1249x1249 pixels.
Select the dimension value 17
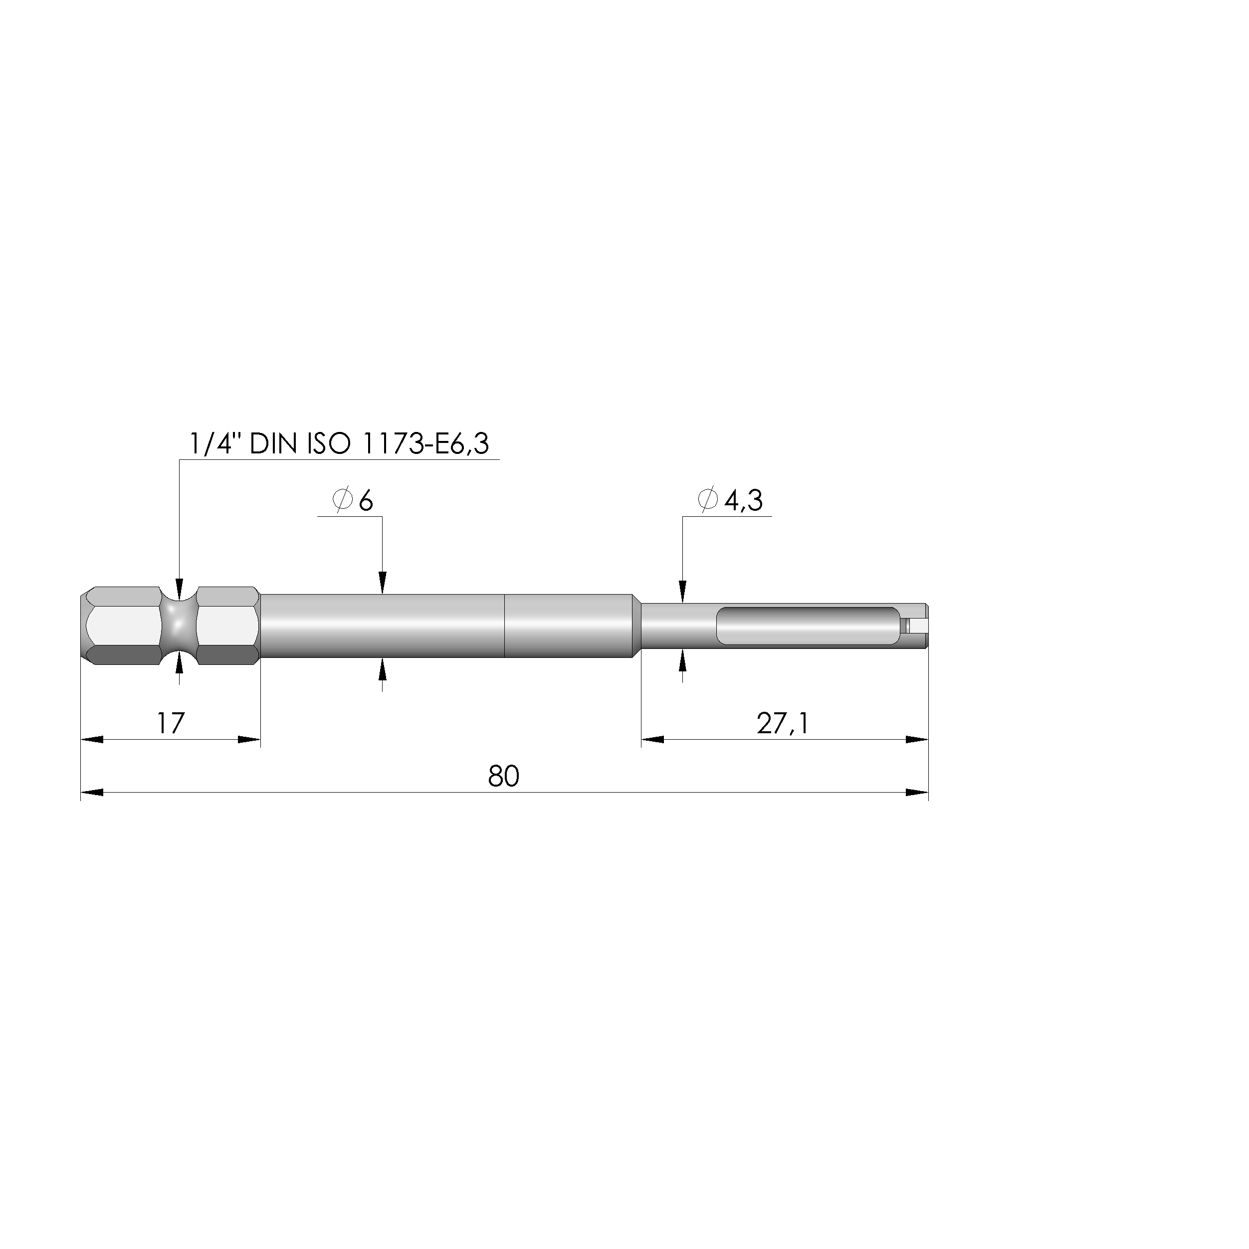171,723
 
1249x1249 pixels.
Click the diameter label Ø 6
353,500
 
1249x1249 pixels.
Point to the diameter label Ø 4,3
731,500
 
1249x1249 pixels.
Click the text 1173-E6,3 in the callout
426,444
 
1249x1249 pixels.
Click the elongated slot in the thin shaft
808,626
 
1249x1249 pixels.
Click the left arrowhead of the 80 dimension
92,792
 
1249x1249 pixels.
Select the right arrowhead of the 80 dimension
917,792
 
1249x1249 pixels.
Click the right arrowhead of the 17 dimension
249,739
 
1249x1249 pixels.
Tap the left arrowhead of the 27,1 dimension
652,739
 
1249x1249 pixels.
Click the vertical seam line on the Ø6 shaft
504,626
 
